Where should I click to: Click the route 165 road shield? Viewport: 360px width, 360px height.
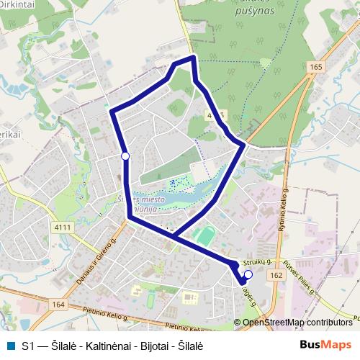(317, 67)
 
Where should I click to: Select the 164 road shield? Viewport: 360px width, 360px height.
(58, 305)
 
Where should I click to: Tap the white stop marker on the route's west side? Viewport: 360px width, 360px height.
(125, 156)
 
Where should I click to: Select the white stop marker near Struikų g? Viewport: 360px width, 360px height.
(248, 274)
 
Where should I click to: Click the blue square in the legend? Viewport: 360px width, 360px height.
(9, 345)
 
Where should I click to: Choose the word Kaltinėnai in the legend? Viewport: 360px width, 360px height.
(103, 345)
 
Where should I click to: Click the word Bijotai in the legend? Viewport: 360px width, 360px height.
(153, 345)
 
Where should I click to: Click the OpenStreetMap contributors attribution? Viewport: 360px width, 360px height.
(297, 322)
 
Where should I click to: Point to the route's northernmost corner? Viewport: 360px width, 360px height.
(192, 56)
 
